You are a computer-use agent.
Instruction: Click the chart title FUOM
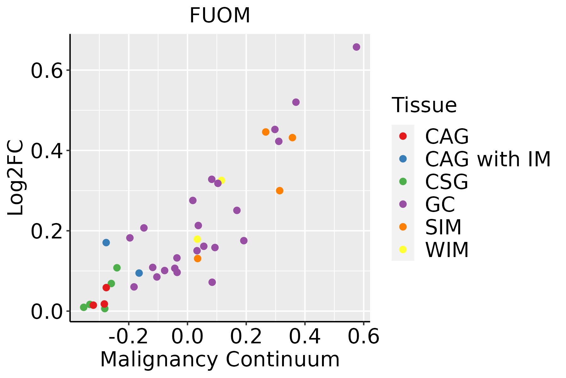(220, 15)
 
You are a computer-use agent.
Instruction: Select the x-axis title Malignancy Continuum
(220, 359)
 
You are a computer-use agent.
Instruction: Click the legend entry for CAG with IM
(488, 159)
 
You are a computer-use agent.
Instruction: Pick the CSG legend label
(447, 182)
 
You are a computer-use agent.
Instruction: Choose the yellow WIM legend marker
(403, 249)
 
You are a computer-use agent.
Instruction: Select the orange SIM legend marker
(403, 227)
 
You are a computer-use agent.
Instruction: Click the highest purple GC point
(356, 47)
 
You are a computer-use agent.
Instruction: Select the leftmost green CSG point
(84, 307)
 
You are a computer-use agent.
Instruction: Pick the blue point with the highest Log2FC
(106, 243)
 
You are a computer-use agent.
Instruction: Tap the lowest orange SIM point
(197, 259)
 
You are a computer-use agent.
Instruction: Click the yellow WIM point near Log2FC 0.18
(197, 239)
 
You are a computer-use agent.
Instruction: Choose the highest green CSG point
(117, 268)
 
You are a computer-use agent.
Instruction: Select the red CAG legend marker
(403, 136)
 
